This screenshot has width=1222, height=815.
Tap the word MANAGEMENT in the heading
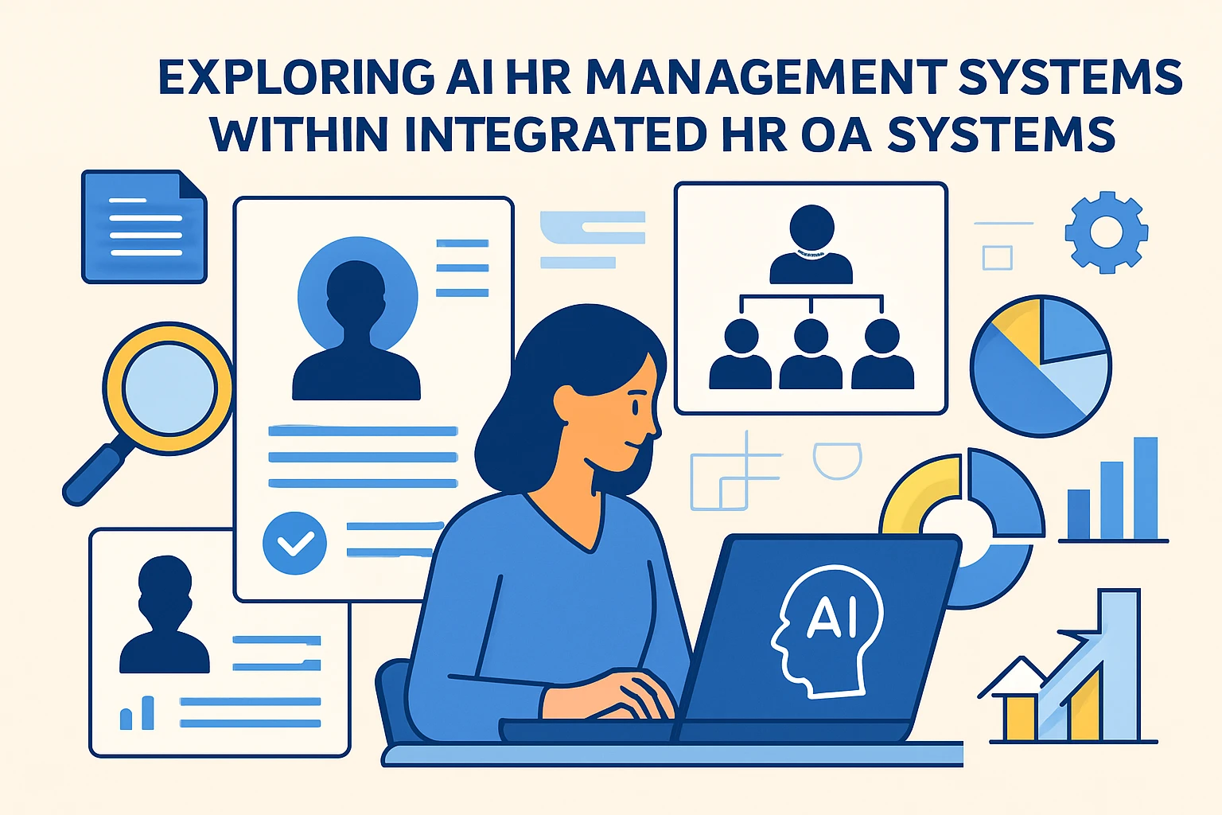[x=761, y=77]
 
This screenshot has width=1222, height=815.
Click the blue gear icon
[x=1107, y=232]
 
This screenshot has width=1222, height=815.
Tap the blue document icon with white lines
[x=144, y=227]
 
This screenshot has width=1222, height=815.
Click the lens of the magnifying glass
[x=169, y=388]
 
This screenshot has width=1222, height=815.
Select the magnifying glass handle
[x=95, y=474]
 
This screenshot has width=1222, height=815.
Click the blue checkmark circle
[x=294, y=543]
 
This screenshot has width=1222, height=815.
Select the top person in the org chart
[x=811, y=244]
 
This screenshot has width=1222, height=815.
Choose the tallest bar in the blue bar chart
[x=1146, y=488]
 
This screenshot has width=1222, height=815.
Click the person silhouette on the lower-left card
[x=165, y=614]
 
